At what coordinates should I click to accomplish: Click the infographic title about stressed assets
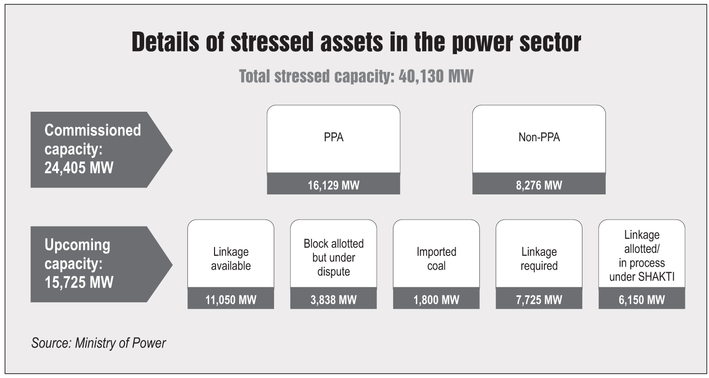pos(356,43)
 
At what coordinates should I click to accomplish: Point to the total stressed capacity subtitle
pos(356,77)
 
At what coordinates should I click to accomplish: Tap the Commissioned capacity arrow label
pos(92,149)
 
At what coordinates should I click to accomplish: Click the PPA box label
pos(333,138)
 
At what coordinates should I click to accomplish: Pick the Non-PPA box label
pos(539,138)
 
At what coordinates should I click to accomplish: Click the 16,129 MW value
pos(333,186)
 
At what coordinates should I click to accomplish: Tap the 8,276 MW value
pos(539,186)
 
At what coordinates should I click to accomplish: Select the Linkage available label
pos(231,259)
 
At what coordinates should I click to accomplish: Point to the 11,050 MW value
pos(231,300)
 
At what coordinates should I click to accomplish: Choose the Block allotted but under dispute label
pos(333,257)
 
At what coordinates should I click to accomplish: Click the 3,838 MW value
pos(333,300)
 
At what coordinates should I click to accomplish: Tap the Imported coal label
pos(436,259)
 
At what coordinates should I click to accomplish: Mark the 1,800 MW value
pos(436,300)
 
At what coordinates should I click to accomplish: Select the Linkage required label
pos(539,259)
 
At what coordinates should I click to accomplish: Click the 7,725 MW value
pos(539,300)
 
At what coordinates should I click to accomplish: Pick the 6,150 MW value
pos(641,300)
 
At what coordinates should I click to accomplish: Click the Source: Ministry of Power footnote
pos(98,343)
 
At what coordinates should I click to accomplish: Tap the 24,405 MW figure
pos(79,168)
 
